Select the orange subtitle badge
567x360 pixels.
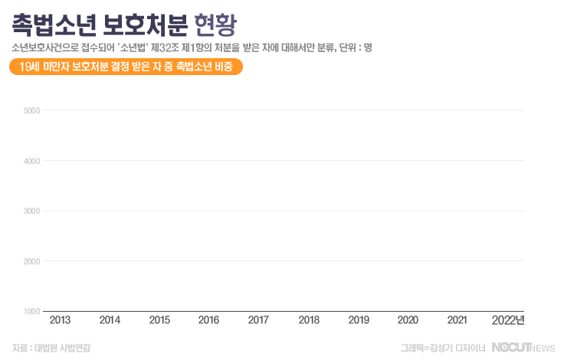point(126,67)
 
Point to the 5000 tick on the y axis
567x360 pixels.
point(31,110)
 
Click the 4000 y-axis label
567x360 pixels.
point(31,161)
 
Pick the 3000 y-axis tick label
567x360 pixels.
point(31,211)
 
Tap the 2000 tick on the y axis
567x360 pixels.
point(31,262)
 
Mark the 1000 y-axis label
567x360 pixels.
point(31,312)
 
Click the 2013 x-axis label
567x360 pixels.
point(60,320)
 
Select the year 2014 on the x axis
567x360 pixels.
point(110,320)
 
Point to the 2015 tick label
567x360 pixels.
point(159,320)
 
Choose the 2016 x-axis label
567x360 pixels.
point(209,320)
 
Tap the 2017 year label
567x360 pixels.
point(259,320)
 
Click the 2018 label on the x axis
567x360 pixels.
point(309,320)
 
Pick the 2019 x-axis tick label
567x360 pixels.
point(359,320)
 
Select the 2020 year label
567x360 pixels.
point(408,320)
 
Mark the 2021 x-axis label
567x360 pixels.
point(457,320)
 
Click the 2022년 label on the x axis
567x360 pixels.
point(508,320)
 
